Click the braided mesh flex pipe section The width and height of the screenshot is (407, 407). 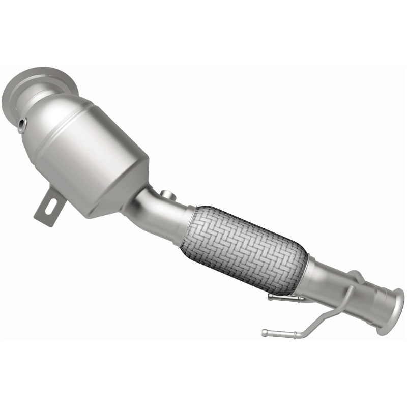coord(244,247)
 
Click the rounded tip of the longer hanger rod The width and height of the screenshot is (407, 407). coord(265,333)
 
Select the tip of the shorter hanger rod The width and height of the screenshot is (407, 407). coord(270,298)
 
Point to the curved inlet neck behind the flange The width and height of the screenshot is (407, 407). coord(51,102)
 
